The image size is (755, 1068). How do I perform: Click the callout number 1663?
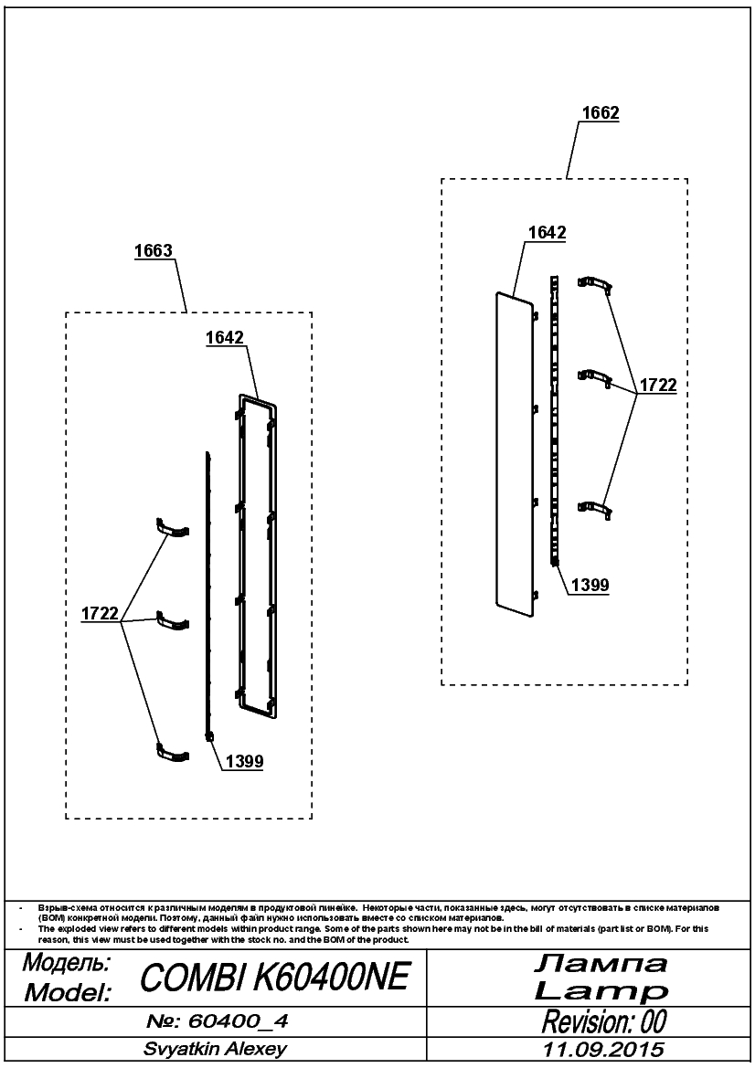pyautogui.click(x=154, y=250)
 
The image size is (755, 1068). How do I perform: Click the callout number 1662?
pyautogui.click(x=601, y=112)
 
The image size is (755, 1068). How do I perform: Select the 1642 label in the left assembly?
pyautogui.click(x=225, y=338)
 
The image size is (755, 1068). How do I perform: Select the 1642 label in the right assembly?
pyautogui.click(x=548, y=233)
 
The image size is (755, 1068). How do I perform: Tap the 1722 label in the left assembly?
pyautogui.click(x=101, y=613)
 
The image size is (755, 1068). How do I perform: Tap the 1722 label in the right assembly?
pyautogui.click(x=657, y=385)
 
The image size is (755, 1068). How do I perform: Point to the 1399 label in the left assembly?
pyautogui.click(x=245, y=762)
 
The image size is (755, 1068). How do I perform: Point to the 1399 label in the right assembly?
pyautogui.click(x=590, y=585)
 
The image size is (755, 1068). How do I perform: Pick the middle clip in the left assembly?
pyautogui.click(x=173, y=621)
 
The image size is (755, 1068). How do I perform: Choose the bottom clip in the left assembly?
pyautogui.click(x=173, y=752)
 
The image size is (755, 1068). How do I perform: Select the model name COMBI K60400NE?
pyautogui.click(x=274, y=978)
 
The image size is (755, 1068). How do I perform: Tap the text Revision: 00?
pyautogui.click(x=604, y=1021)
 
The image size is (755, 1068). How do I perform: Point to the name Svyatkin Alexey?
pyautogui.click(x=215, y=1049)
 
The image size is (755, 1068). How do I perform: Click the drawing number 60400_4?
pyautogui.click(x=218, y=1021)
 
